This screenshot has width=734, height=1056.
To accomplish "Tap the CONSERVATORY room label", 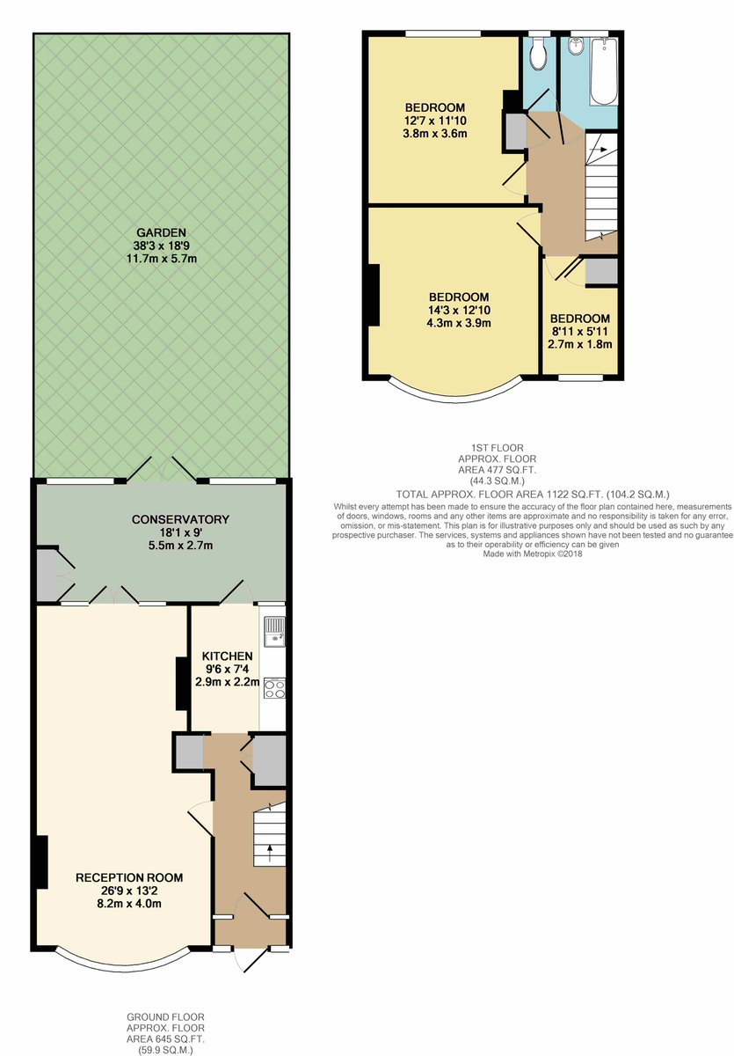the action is coord(180,519).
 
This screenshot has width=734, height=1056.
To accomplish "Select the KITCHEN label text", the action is coord(228,656).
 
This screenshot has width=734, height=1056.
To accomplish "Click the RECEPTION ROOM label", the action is coord(129,877).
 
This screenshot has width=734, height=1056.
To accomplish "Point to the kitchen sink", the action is coord(274,631).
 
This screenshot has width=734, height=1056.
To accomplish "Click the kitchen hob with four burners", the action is coord(274,688).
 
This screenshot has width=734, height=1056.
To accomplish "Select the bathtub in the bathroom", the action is coord(604,71).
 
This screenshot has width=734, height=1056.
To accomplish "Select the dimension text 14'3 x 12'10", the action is coord(459,310).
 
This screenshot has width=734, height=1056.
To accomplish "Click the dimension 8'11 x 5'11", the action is coord(579,331).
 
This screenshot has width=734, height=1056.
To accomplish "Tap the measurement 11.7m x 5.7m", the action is coord(162,259).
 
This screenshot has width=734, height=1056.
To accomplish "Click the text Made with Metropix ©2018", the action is coord(533,554).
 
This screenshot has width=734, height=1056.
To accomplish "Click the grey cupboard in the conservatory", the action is coord(47,575).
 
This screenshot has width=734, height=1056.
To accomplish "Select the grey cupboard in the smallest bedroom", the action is coord(601,271).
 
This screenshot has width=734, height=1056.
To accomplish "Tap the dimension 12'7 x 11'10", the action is coord(435,121).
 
